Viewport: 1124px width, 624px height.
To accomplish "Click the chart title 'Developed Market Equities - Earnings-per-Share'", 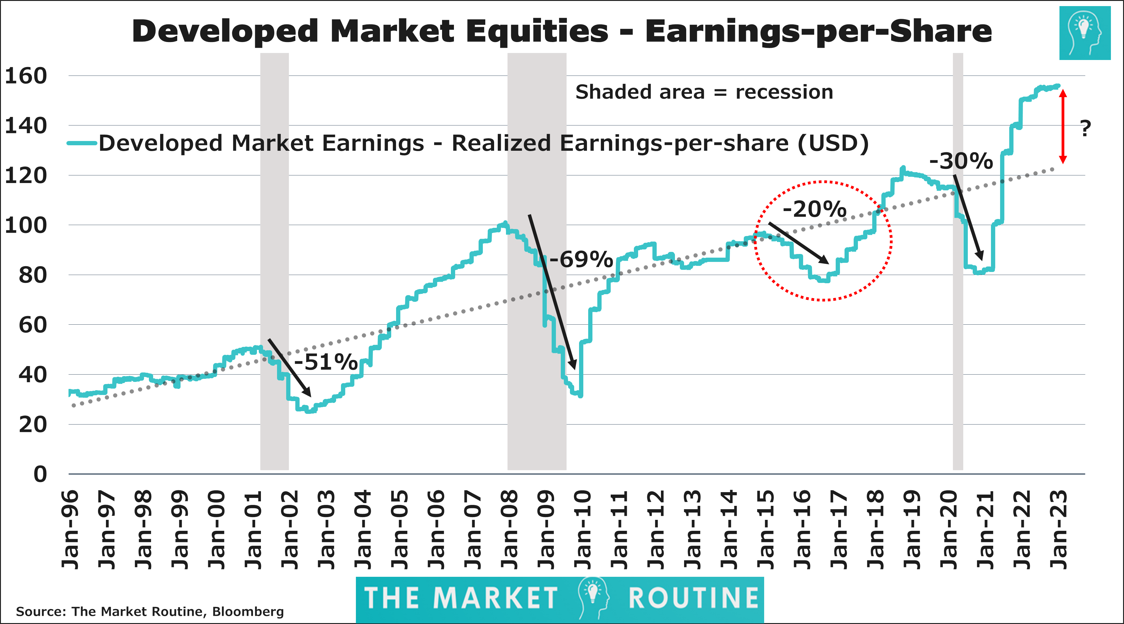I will click(x=562, y=31).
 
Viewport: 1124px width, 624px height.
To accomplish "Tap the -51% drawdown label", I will click(x=326, y=362).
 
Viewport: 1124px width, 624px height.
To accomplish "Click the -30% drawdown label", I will click(x=961, y=161).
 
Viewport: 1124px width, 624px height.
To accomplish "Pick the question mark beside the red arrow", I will click(x=1086, y=129).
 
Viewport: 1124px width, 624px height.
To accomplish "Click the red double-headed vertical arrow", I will click(x=1063, y=127).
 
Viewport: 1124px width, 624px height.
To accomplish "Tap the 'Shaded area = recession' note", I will click(x=704, y=92).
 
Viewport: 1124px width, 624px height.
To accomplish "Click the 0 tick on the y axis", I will click(x=40, y=474).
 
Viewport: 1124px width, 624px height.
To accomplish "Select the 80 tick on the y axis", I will click(x=33, y=275).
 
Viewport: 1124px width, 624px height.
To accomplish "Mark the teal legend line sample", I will click(x=82, y=143).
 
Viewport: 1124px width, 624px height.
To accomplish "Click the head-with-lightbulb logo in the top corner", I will click(x=1085, y=33).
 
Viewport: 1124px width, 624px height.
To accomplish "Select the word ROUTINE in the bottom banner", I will click(x=693, y=598).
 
